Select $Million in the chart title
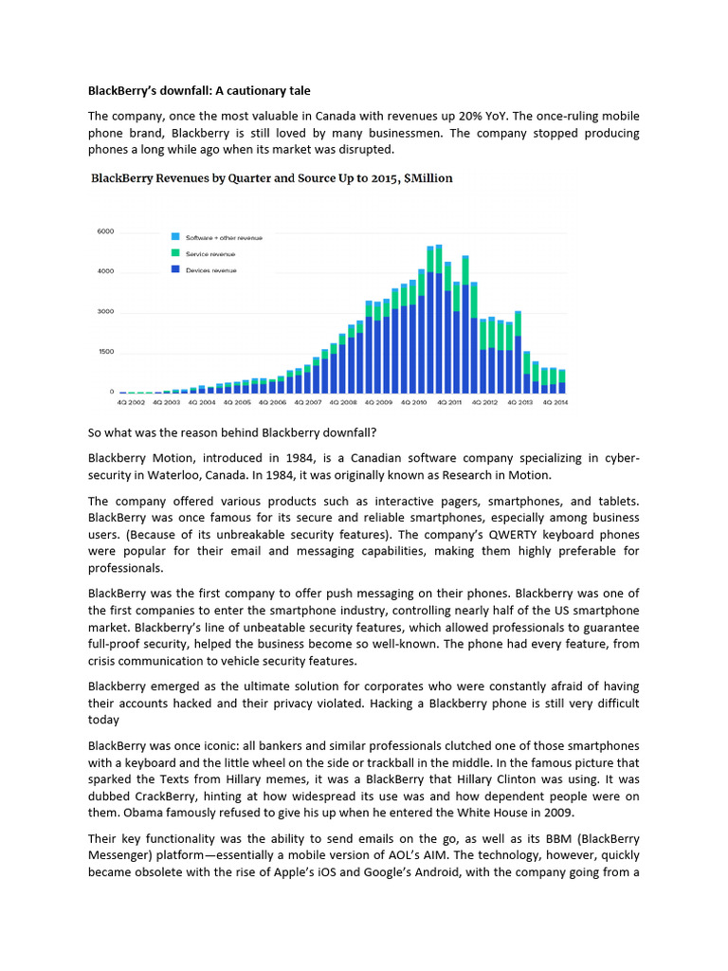[x=427, y=177]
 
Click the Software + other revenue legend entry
[x=224, y=236]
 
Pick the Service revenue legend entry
[x=210, y=253]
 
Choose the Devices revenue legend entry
[x=210, y=270]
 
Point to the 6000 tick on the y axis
[x=105, y=231]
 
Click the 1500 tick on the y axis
[x=105, y=352]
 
